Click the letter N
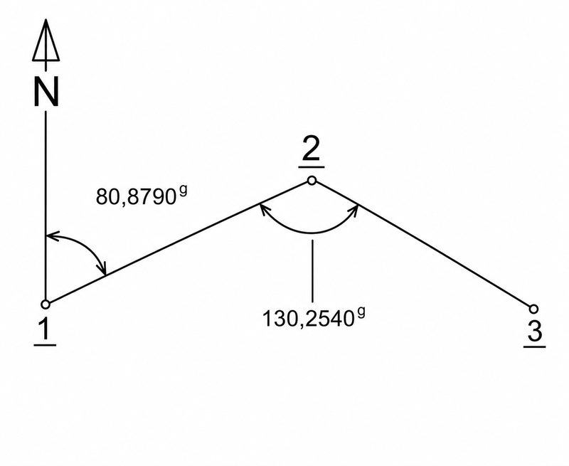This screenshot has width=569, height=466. click(x=46, y=93)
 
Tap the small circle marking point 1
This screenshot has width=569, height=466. click(x=46, y=304)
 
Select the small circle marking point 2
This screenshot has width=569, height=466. click(x=312, y=181)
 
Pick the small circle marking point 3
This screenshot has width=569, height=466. click(x=533, y=309)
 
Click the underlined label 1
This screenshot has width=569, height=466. click(x=45, y=332)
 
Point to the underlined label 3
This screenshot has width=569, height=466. click(x=535, y=333)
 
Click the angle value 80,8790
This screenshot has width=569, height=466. click(x=136, y=197)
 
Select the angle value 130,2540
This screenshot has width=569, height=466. click(x=308, y=319)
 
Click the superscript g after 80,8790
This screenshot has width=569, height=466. click(x=183, y=191)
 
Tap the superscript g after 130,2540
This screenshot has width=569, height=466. click(x=361, y=313)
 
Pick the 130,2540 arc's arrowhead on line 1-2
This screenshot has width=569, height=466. click(x=265, y=210)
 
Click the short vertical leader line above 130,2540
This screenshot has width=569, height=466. click(x=312, y=271)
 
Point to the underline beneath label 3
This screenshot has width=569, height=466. click(x=535, y=347)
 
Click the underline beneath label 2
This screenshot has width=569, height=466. click(x=312, y=167)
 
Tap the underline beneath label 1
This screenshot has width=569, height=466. click(x=45, y=345)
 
